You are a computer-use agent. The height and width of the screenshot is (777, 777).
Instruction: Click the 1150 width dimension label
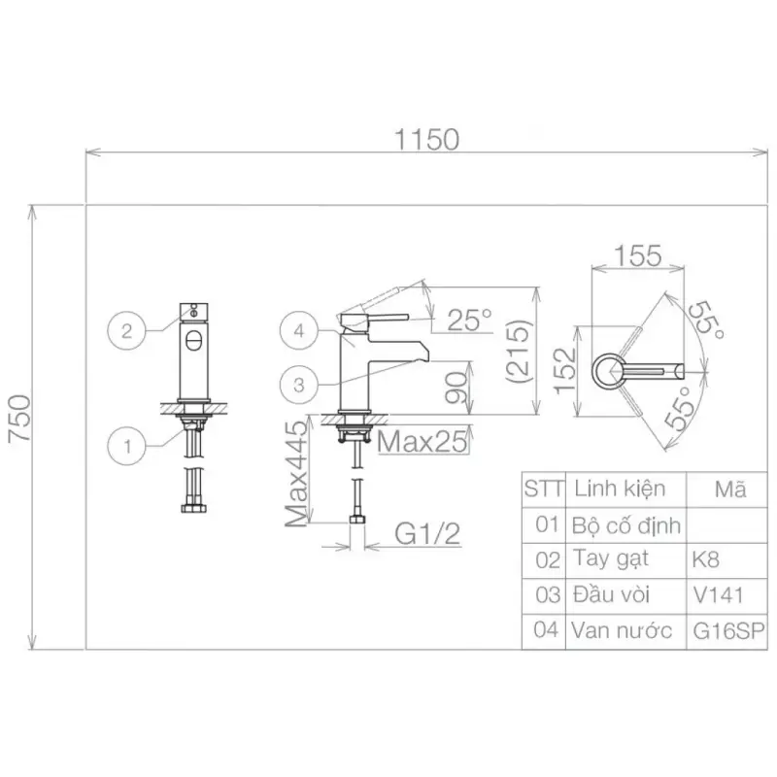pyautogui.click(x=426, y=140)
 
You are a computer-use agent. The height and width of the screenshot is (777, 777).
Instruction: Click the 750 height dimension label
pyautogui.click(x=20, y=418)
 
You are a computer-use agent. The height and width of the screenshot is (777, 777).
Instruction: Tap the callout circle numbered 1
pyautogui.click(x=127, y=446)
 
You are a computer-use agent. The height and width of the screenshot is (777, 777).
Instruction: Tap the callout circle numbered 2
pyautogui.click(x=127, y=330)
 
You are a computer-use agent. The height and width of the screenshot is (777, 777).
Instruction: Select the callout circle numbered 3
pyautogui.click(x=299, y=385)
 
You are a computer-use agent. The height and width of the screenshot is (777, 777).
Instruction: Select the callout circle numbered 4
pyautogui.click(x=299, y=330)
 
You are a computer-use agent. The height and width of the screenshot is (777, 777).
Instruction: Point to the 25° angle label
pyautogui.click(x=469, y=320)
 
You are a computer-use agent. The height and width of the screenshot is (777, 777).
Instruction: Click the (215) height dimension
pyautogui.click(x=519, y=351)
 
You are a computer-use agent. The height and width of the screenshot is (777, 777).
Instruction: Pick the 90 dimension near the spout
pyautogui.click(x=456, y=388)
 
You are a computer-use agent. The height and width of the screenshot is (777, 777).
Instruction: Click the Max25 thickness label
pyautogui.click(x=422, y=441)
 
